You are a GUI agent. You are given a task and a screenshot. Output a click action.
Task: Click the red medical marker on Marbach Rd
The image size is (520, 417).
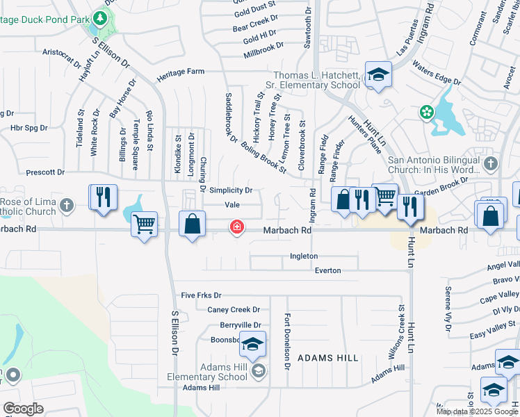237,227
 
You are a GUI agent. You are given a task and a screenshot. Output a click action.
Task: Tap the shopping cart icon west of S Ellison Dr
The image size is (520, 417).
144,224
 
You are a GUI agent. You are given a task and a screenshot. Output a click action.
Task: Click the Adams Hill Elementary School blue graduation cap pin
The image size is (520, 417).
252,344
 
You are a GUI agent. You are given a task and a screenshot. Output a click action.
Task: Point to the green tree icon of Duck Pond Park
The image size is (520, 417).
101,17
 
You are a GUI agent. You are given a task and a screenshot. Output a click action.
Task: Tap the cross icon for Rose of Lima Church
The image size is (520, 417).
67,205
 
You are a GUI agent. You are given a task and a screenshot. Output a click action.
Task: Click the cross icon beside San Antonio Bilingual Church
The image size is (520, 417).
491,164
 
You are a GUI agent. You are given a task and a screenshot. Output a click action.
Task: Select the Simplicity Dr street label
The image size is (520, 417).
230,190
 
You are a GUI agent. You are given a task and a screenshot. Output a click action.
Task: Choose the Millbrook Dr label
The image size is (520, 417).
263,49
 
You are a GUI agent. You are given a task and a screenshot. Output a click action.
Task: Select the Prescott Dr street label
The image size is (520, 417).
44,172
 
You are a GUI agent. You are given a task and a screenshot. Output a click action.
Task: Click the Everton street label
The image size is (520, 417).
327,270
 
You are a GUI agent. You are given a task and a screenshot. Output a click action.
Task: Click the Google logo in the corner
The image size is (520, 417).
23,409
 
